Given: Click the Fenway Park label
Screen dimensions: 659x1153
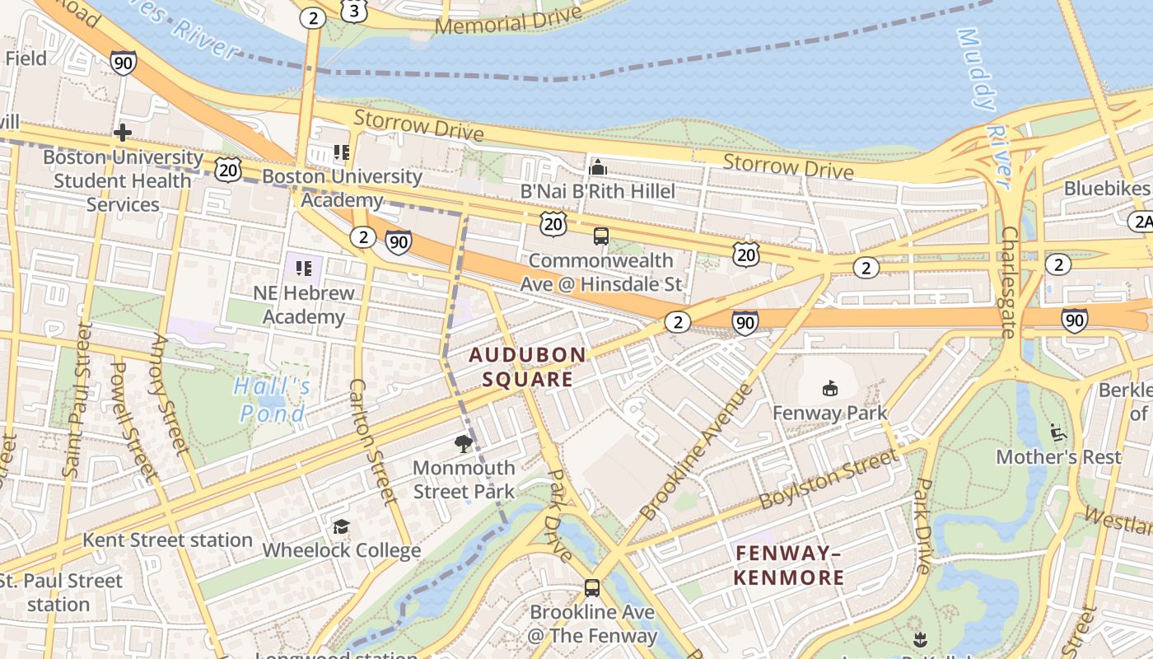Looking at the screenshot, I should tap(829, 413).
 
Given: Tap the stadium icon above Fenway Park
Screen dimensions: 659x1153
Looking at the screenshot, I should tap(829, 388).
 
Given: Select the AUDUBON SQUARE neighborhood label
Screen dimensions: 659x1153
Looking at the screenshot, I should tap(528, 367).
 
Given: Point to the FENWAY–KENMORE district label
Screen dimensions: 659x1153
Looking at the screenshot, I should tap(788, 565).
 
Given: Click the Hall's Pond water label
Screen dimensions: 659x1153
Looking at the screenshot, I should tap(273, 400).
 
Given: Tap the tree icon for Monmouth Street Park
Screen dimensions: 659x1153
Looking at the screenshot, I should tap(464, 445).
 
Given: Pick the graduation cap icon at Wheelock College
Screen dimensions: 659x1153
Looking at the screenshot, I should tap(341, 526).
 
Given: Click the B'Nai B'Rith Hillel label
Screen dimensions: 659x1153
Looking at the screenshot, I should tap(598, 191).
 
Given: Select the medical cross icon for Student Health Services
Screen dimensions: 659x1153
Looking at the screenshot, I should tap(123, 133).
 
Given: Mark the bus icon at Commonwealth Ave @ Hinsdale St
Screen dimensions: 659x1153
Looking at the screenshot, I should tap(601, 236).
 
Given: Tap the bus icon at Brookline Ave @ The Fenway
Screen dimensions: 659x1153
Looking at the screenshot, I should tap(591, 588).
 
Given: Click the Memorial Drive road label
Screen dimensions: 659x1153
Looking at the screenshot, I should tap(507, 21).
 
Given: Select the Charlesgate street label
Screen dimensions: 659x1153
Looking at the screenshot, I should tap(1010, 283).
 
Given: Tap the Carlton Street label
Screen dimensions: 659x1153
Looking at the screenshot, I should tap(372, 441).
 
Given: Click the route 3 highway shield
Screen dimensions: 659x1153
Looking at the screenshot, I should tap(353, 12).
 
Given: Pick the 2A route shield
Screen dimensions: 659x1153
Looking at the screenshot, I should tap(1141, 221).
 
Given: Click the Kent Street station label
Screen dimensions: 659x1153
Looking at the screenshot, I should tap(167, 540).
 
